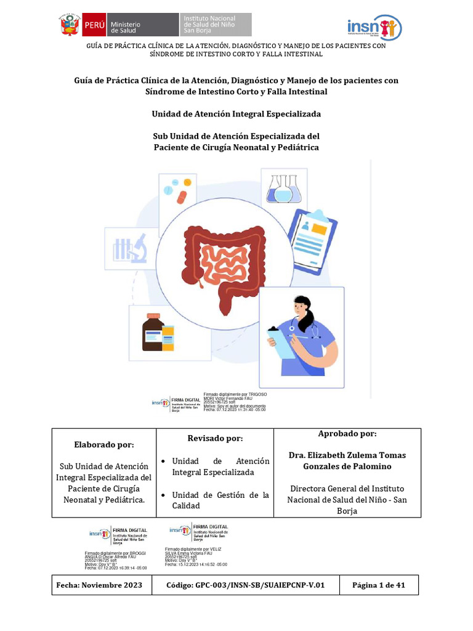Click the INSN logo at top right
click(374, 27)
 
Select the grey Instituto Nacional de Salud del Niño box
click(216, 25)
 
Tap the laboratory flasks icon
click(284, 187)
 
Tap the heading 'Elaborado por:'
click(103, 444)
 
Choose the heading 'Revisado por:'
click(215, 438)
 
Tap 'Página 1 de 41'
click(378, 585)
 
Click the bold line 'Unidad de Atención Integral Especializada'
click(236, 114)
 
